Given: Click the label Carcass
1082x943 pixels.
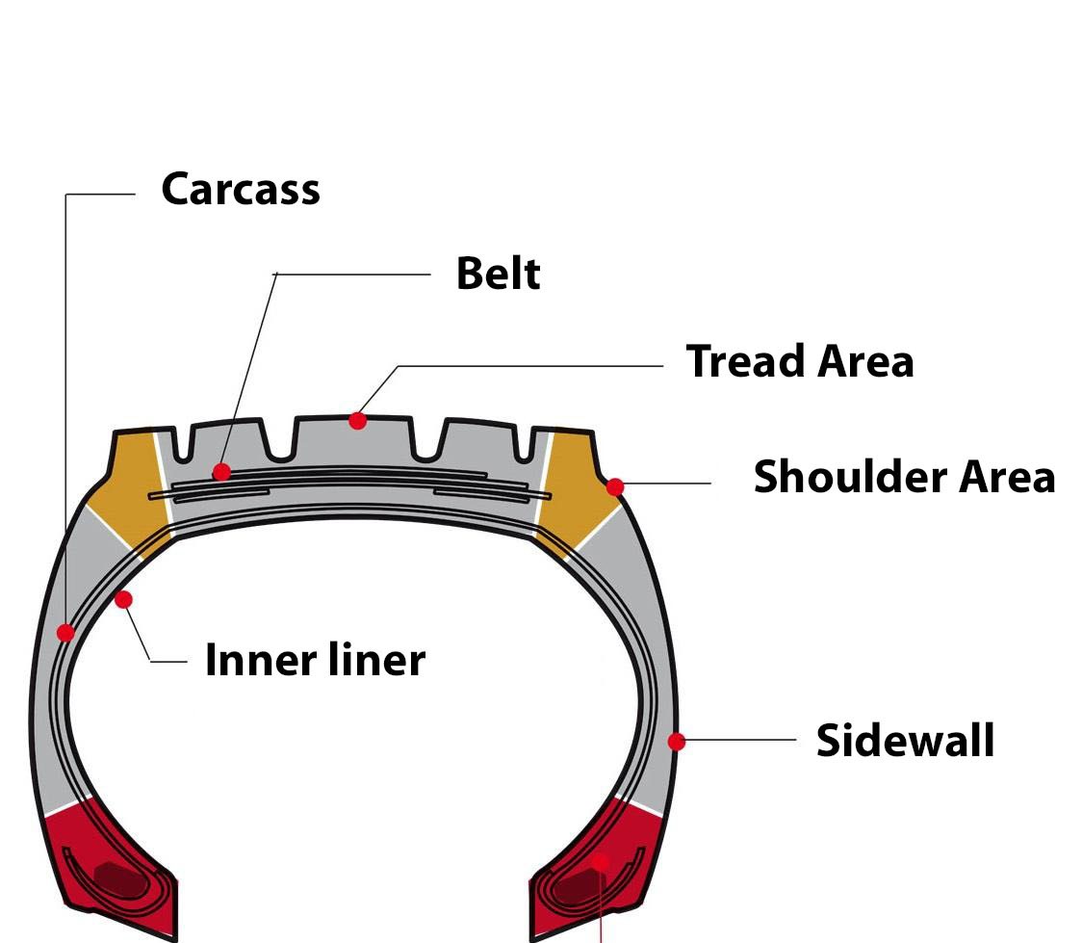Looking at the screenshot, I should click(241, 189).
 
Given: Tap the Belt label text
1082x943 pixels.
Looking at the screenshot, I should click(498, 274).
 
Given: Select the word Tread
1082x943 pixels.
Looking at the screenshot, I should click(745, 361).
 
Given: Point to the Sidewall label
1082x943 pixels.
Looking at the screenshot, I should click(905, 741).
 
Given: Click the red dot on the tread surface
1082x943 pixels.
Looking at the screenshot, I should click(358, 420).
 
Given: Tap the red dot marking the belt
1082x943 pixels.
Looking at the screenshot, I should click(222, 472).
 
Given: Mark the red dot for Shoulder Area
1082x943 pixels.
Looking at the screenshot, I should click(615, 486).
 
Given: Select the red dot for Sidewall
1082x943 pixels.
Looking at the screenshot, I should click(677, 742).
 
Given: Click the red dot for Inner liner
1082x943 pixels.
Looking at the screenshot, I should click(123, 599).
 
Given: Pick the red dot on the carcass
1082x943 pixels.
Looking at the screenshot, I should click(65, 633).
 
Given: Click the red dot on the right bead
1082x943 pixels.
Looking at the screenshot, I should click(602, 860).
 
